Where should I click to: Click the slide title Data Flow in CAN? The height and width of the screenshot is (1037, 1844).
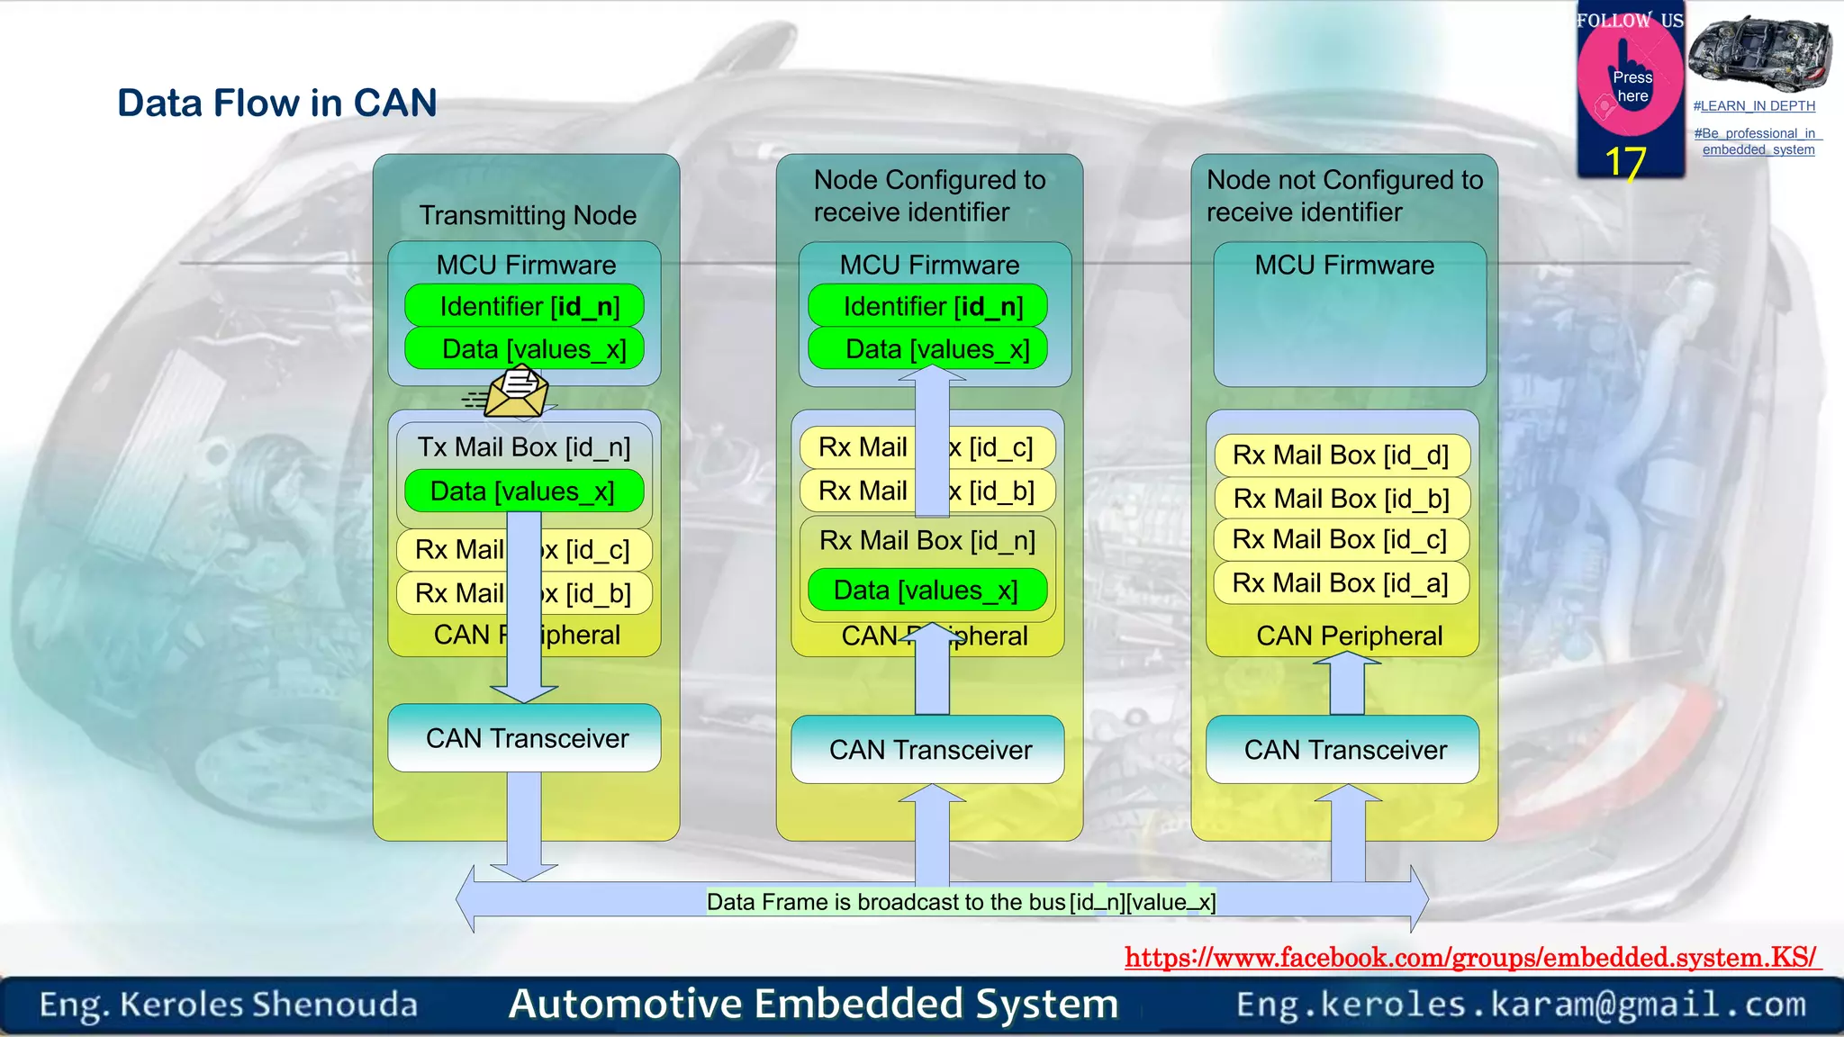[x=276, y=103]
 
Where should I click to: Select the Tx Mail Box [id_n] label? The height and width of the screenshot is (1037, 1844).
[x=523, y=446]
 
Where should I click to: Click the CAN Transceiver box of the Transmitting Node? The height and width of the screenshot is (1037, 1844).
[x=525, y=738]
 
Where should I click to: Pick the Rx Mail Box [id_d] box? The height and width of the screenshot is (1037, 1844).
[x=1341, y=455]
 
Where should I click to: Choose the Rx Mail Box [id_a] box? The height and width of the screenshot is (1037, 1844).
[x=1341, y=583]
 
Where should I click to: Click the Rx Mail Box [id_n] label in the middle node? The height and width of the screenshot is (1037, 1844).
[x=927, y=540]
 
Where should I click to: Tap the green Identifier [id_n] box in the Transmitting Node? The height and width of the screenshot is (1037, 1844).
[x=525, y=306]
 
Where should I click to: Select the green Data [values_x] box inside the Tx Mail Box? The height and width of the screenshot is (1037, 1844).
[x=523, y=491]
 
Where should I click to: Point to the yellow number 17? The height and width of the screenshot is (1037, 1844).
[x=1625, y=163]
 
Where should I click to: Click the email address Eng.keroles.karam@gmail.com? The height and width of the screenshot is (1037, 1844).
[x=1521, y=1004]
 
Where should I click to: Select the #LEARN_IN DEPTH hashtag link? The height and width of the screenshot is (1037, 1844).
[x=1754, y=106]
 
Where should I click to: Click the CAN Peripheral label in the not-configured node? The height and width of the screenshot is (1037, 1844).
[x=1349, y=636]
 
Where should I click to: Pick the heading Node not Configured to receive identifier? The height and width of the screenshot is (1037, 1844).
[x=1343, y=195]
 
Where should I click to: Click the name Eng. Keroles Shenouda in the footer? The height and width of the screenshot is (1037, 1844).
[x=229, y=1004]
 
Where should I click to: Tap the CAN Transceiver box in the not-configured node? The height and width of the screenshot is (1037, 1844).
[x=1343, y=750]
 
